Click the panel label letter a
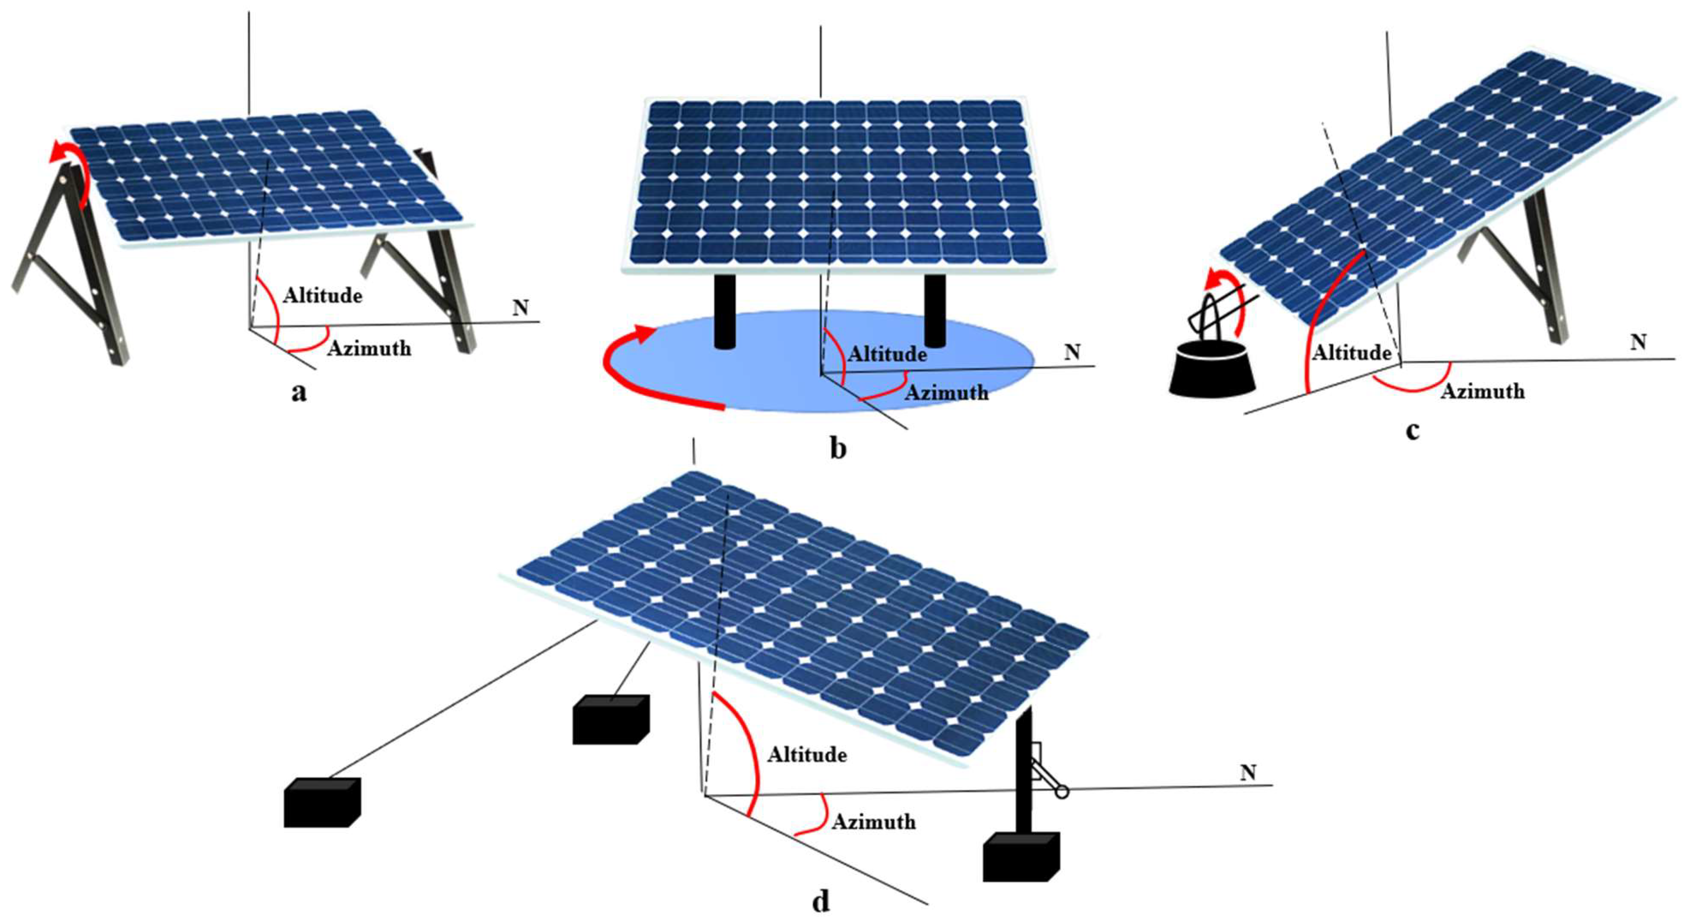(x=299, y=393)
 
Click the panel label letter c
(x=1413, y=431)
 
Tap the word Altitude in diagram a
(x=322, y=296)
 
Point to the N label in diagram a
(x=520, y=308)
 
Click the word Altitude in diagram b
(x=887, y=354)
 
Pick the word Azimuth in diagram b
(x=946, y=393)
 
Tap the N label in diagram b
(x=1072, y=353)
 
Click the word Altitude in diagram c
(x=1351, y=354)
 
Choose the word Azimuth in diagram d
(x=873, y=821)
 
